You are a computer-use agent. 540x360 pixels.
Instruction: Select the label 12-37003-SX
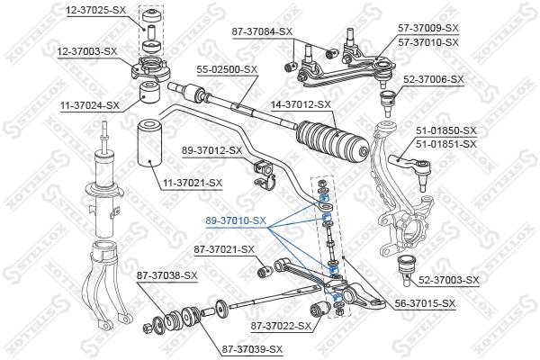[x=86, y=51]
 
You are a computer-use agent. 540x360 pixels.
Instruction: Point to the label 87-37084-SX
[x=262, y=31]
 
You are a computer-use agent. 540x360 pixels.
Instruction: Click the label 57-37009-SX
[x=427, y=29]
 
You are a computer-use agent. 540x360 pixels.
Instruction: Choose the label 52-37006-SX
[x=433, y=79]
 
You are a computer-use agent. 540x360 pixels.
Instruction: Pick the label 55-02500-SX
[x=226, y=68]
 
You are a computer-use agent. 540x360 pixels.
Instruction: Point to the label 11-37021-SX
[x=192, y=184]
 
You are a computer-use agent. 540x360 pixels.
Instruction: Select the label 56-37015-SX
[x=424, y=304]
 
